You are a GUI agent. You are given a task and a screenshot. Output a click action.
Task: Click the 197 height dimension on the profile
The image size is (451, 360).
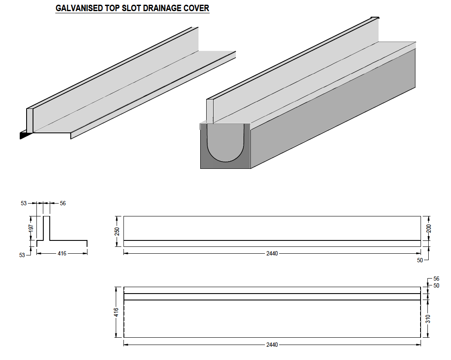31,228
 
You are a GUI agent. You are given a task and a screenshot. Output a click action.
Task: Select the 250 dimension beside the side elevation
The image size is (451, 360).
117,231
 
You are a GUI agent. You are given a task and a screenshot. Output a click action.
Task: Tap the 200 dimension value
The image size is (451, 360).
429,228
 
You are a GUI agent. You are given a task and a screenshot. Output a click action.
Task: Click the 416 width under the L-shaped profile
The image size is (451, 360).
62,253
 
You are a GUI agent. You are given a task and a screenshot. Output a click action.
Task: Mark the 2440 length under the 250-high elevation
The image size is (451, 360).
272,253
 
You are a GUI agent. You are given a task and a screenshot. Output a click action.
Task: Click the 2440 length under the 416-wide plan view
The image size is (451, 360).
272,345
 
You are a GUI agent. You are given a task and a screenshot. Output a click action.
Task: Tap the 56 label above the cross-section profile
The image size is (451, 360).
63,204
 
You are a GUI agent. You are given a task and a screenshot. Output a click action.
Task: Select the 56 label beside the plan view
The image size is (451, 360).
436,279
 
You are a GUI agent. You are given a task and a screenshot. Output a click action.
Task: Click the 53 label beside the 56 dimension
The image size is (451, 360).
24,204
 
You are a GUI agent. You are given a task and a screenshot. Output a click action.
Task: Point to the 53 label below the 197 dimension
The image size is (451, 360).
22,255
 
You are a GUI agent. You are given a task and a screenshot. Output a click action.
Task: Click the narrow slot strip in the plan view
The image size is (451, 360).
272,297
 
